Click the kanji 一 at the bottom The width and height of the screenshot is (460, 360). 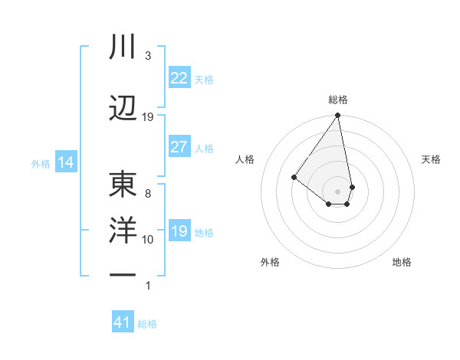point(123,273)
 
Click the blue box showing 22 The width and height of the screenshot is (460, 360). point(179,78)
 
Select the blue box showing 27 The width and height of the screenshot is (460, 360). point(179,147)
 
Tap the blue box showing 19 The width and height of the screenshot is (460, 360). point(179,231)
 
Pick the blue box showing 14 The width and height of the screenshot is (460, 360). point(65,162)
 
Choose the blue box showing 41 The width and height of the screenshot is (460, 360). point(123,322)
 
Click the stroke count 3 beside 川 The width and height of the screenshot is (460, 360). point(148,57)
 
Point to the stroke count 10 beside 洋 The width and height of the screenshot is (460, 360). point(148,240)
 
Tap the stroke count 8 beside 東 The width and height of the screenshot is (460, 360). point(148,194)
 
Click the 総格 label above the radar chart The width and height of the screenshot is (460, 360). point(338,100)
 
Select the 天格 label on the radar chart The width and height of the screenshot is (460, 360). point(431,159)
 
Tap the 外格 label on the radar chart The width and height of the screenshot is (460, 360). point(270,262)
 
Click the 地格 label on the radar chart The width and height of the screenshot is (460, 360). point(402,262)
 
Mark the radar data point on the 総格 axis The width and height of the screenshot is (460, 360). point(337,116)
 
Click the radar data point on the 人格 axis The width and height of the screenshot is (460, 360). point(294,177)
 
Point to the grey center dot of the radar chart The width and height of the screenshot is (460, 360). point(337,191)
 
